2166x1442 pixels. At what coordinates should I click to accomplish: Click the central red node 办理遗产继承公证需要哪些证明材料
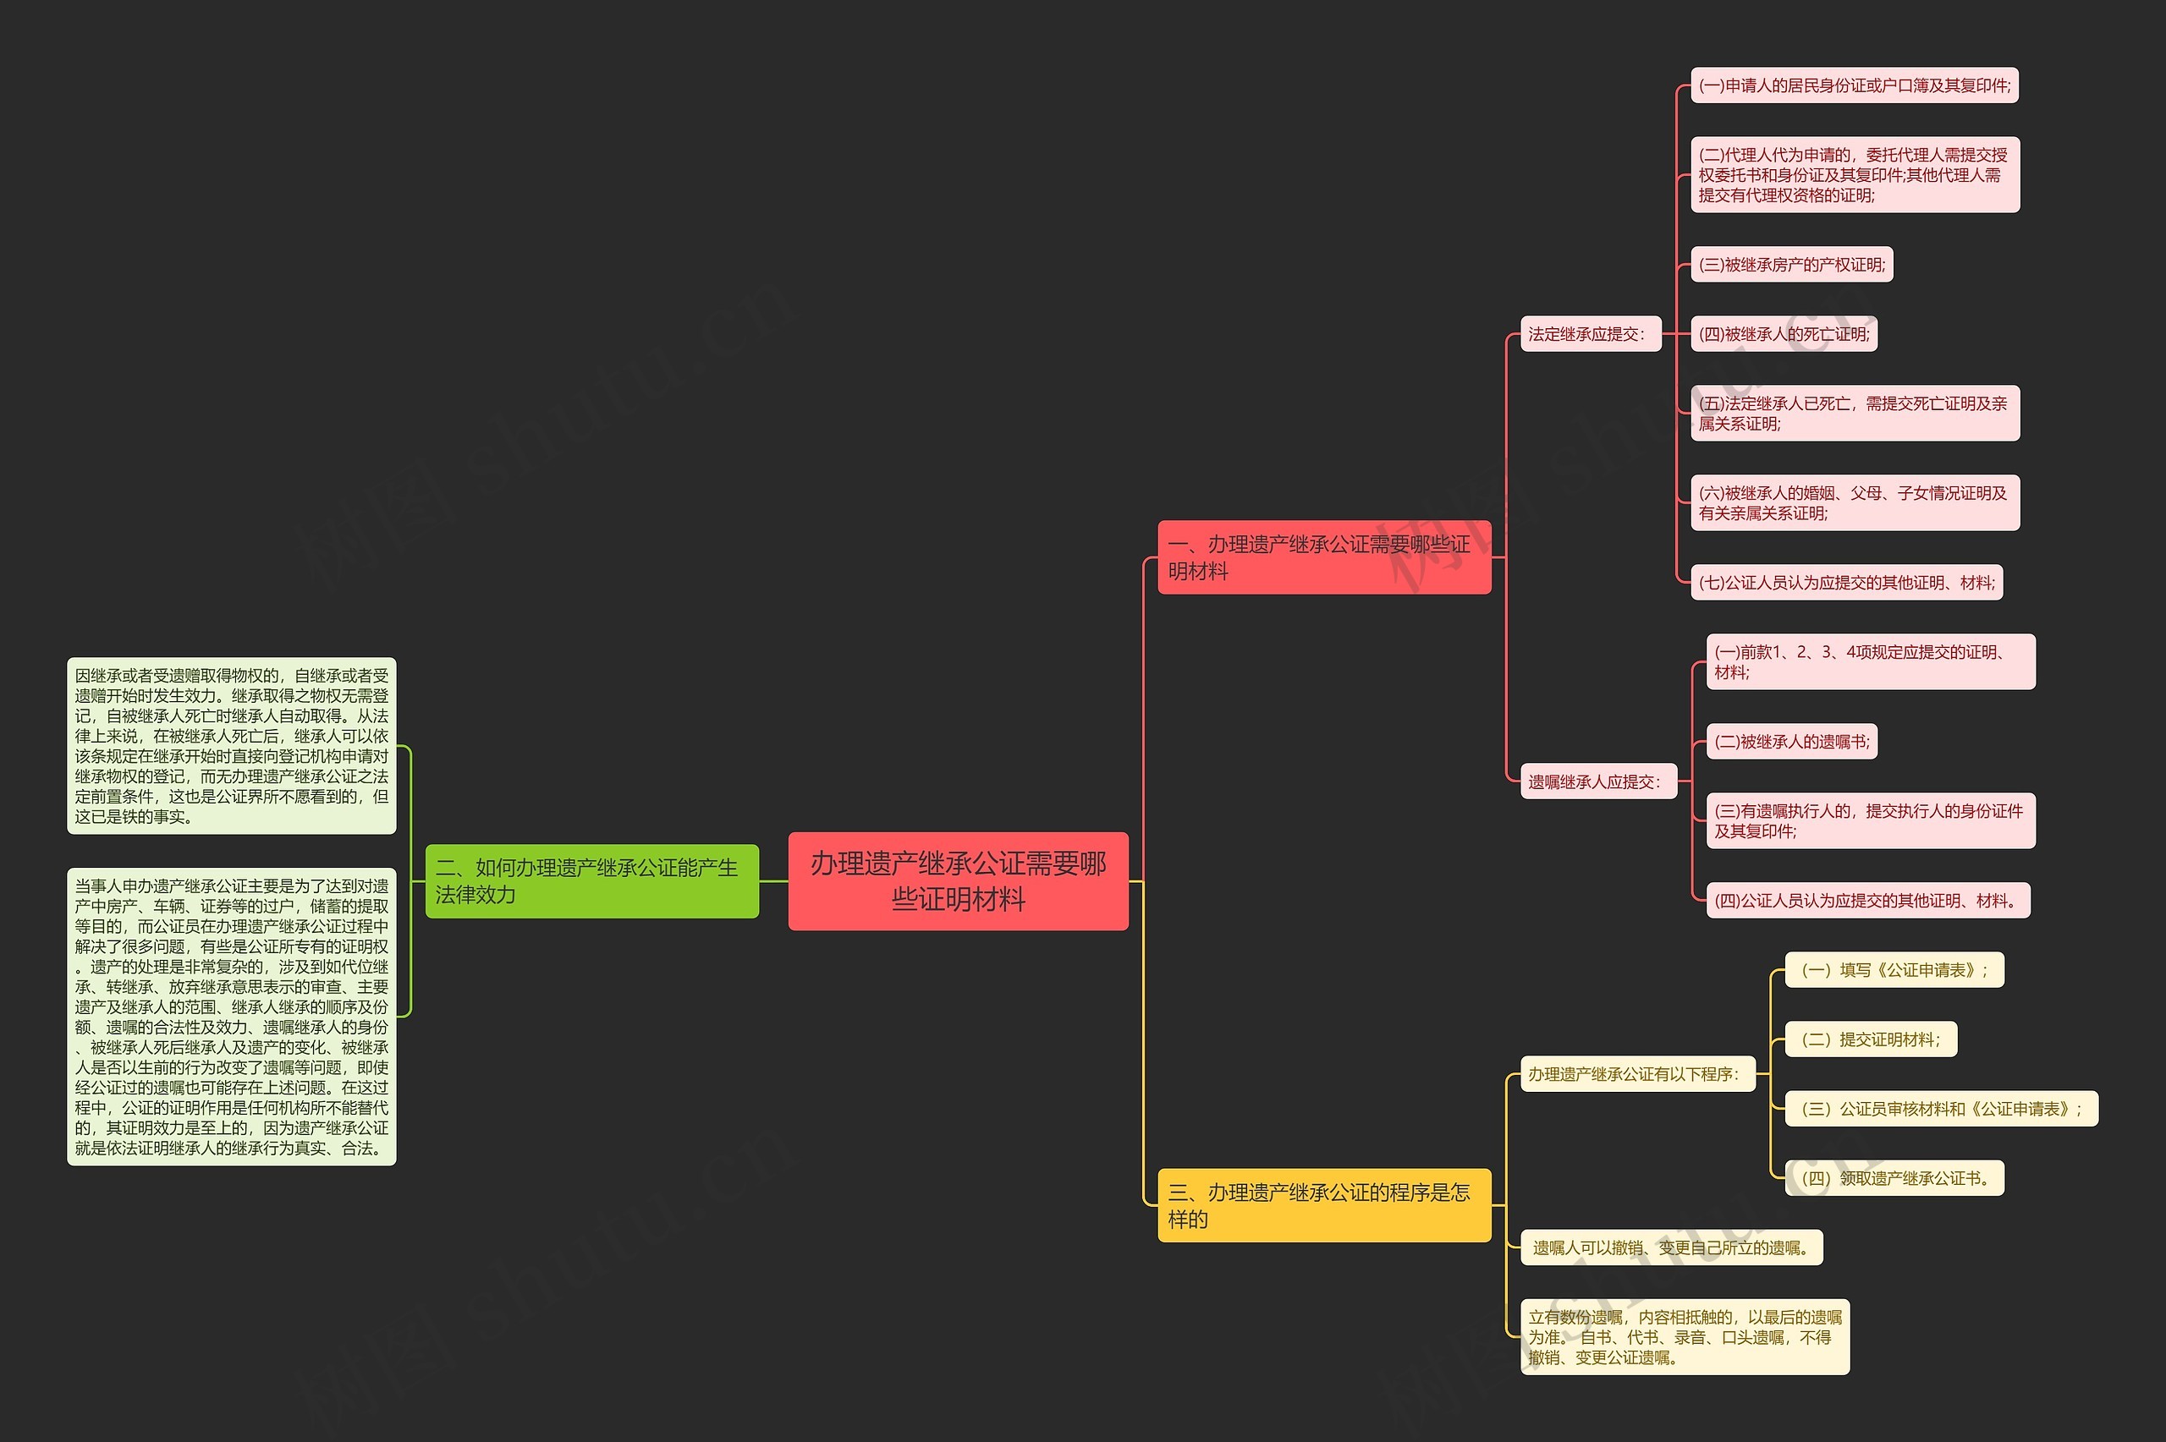point(958,881)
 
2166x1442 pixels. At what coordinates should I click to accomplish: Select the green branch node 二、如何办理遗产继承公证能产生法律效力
point(591,881)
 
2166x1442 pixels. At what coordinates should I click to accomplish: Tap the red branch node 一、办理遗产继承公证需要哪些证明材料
point(1323,557)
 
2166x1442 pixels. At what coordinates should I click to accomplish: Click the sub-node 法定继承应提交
point(1591,334)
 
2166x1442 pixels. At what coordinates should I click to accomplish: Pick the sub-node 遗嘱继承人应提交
point(1598,781)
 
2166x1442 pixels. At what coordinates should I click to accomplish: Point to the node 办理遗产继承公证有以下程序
point(1637,1074)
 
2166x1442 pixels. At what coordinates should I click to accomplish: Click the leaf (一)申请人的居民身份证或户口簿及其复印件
point(1854,85)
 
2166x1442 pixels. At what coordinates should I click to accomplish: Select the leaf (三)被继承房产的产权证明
point(1792,265)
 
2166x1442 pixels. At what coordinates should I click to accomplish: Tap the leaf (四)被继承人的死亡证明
point(1784,334)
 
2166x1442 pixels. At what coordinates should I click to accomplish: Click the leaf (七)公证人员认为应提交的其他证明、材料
point(1846,582)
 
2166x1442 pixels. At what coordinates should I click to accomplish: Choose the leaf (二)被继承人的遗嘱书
point(1792,741)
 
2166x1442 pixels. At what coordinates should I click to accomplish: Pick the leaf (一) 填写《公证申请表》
point(1894,970)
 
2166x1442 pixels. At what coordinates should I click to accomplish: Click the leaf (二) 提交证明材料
point(1871,1039)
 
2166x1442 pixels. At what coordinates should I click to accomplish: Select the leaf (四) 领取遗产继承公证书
point(1894,1178)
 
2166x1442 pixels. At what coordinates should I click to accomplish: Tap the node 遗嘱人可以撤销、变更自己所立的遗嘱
point(1671,1248)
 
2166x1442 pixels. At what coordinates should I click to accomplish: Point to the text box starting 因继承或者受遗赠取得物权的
point(232,746)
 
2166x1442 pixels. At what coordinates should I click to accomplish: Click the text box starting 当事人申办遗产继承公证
point(232,1017)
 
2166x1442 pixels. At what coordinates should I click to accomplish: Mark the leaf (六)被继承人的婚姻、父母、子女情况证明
point(1854,503)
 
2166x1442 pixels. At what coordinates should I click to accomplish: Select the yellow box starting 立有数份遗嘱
point(1685,1337)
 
